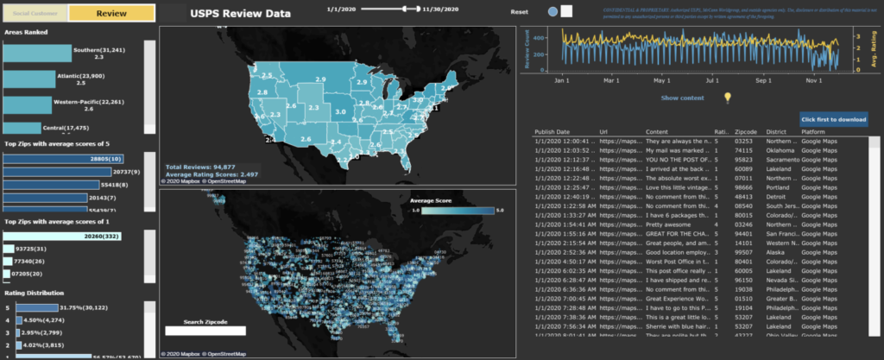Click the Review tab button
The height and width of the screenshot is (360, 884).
point(111,14)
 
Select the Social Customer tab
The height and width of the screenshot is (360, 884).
point(35,14)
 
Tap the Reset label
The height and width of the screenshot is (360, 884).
point(519,12)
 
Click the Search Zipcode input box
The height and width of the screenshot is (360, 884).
point(205,331)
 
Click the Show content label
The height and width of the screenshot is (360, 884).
point(682,98)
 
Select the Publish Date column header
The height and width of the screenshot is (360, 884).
point(556,131)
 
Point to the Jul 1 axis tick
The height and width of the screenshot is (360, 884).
point(710,80)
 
